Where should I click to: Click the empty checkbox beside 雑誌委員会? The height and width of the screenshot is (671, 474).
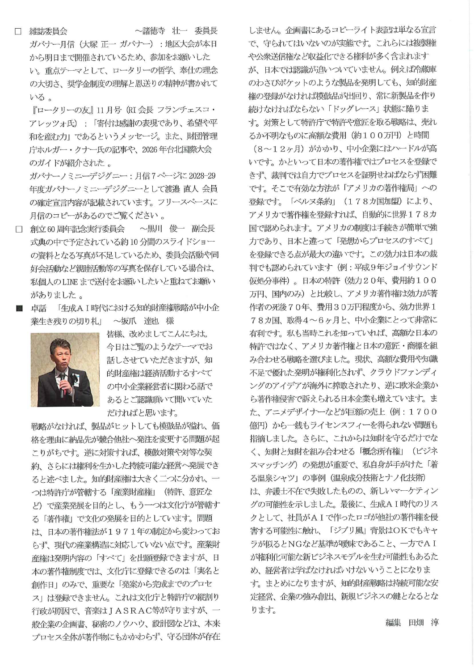click(x=18, y=31)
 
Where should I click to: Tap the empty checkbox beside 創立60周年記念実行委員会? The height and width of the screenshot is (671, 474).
click(x=18, y=229)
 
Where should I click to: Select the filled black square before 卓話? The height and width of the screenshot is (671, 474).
click(x=18, y=309)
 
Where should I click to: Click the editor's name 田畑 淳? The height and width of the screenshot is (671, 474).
click(x=423, y=622)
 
